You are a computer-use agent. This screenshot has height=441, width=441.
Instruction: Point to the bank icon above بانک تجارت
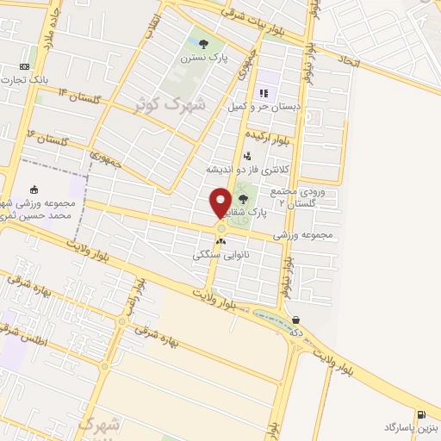(x=24, y=66)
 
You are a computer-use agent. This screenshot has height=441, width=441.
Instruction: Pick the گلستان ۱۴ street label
(x=80, y=94)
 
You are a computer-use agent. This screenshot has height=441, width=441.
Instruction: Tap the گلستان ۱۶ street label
(x=48, y=136)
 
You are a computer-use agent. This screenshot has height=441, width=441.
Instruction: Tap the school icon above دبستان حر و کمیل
(x=264, y=93)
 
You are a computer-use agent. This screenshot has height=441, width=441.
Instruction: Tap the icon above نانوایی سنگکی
(x=220, y=242)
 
